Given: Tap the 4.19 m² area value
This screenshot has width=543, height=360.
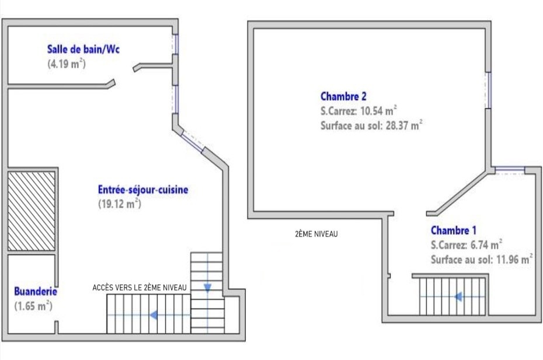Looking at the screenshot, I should coord(67,64).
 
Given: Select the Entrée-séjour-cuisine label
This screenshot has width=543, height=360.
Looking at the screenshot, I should coord(143,190).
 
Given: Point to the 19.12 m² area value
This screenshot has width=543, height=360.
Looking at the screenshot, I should coord(120,204).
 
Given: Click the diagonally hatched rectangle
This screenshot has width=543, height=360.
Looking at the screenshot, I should coord(32,209).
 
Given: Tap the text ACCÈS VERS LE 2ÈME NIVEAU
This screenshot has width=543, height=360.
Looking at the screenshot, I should coord(140,288).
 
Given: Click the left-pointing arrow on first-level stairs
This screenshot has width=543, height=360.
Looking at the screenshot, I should coord(154,315).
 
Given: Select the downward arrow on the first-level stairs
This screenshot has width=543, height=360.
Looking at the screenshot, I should coord(207,287).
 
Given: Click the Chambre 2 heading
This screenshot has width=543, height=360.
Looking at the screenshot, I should coord(343,96).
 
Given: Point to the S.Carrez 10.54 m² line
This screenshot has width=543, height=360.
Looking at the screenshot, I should coord(359,111).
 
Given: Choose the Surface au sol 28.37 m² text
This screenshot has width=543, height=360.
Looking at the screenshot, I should coord(371,125).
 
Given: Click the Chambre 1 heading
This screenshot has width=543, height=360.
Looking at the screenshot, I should coord(454,230).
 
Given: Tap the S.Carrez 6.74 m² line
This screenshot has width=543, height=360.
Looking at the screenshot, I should coord(467,245).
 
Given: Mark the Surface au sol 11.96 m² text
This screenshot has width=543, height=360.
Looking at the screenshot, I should coord(481,260).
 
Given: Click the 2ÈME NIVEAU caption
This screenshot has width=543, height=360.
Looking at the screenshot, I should coord(316,234).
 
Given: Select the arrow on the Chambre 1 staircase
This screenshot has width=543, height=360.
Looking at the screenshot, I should coord(458,296).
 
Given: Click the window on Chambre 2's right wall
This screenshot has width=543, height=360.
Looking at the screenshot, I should coord(488,90).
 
